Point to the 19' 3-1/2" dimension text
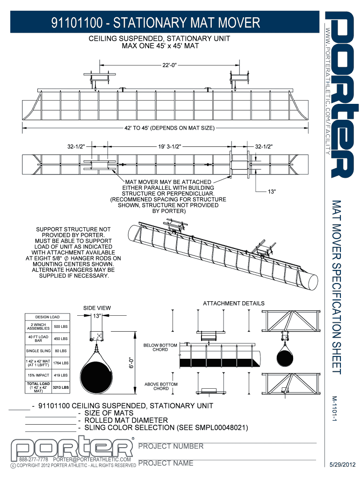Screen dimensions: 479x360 (167, 146)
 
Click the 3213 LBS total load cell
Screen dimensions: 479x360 (60, 387)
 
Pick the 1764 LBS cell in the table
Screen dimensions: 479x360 (60, 363)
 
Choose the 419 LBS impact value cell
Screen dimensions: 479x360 (60, 375)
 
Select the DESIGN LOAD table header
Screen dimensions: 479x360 (48, 317)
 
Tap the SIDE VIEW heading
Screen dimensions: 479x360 (97, 308)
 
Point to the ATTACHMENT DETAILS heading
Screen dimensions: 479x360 (233, 303)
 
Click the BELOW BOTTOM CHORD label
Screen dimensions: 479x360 (161, 347)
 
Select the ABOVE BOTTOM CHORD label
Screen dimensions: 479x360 (161, 386)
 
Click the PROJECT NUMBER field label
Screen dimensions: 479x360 (171, 446)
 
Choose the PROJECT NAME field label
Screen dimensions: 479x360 (166, 463)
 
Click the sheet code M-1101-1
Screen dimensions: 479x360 (335, 409)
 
